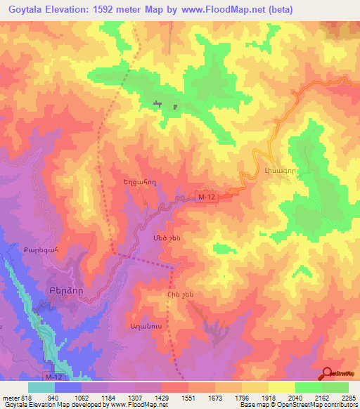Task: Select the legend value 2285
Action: (x=349, y=397)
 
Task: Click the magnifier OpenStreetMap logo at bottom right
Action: (x=327, y=374)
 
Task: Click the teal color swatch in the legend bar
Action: (x=41, y=387)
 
